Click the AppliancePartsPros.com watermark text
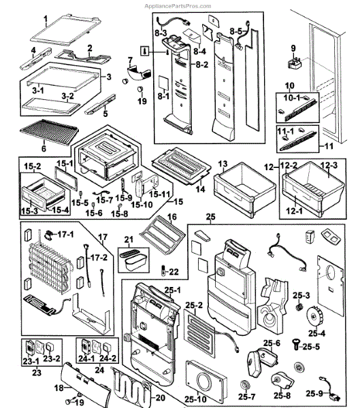point(178,6)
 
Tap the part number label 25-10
point(195,399)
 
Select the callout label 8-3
point(161,33)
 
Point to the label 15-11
point(160,194)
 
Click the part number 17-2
point(99,258)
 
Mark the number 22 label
point(174,272)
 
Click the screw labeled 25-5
point(296,344)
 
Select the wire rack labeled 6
point(49,132)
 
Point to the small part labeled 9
point(295,64)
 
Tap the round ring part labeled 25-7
point(245,386)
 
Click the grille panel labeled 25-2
point(199,333)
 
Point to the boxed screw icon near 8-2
point(145,51)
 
